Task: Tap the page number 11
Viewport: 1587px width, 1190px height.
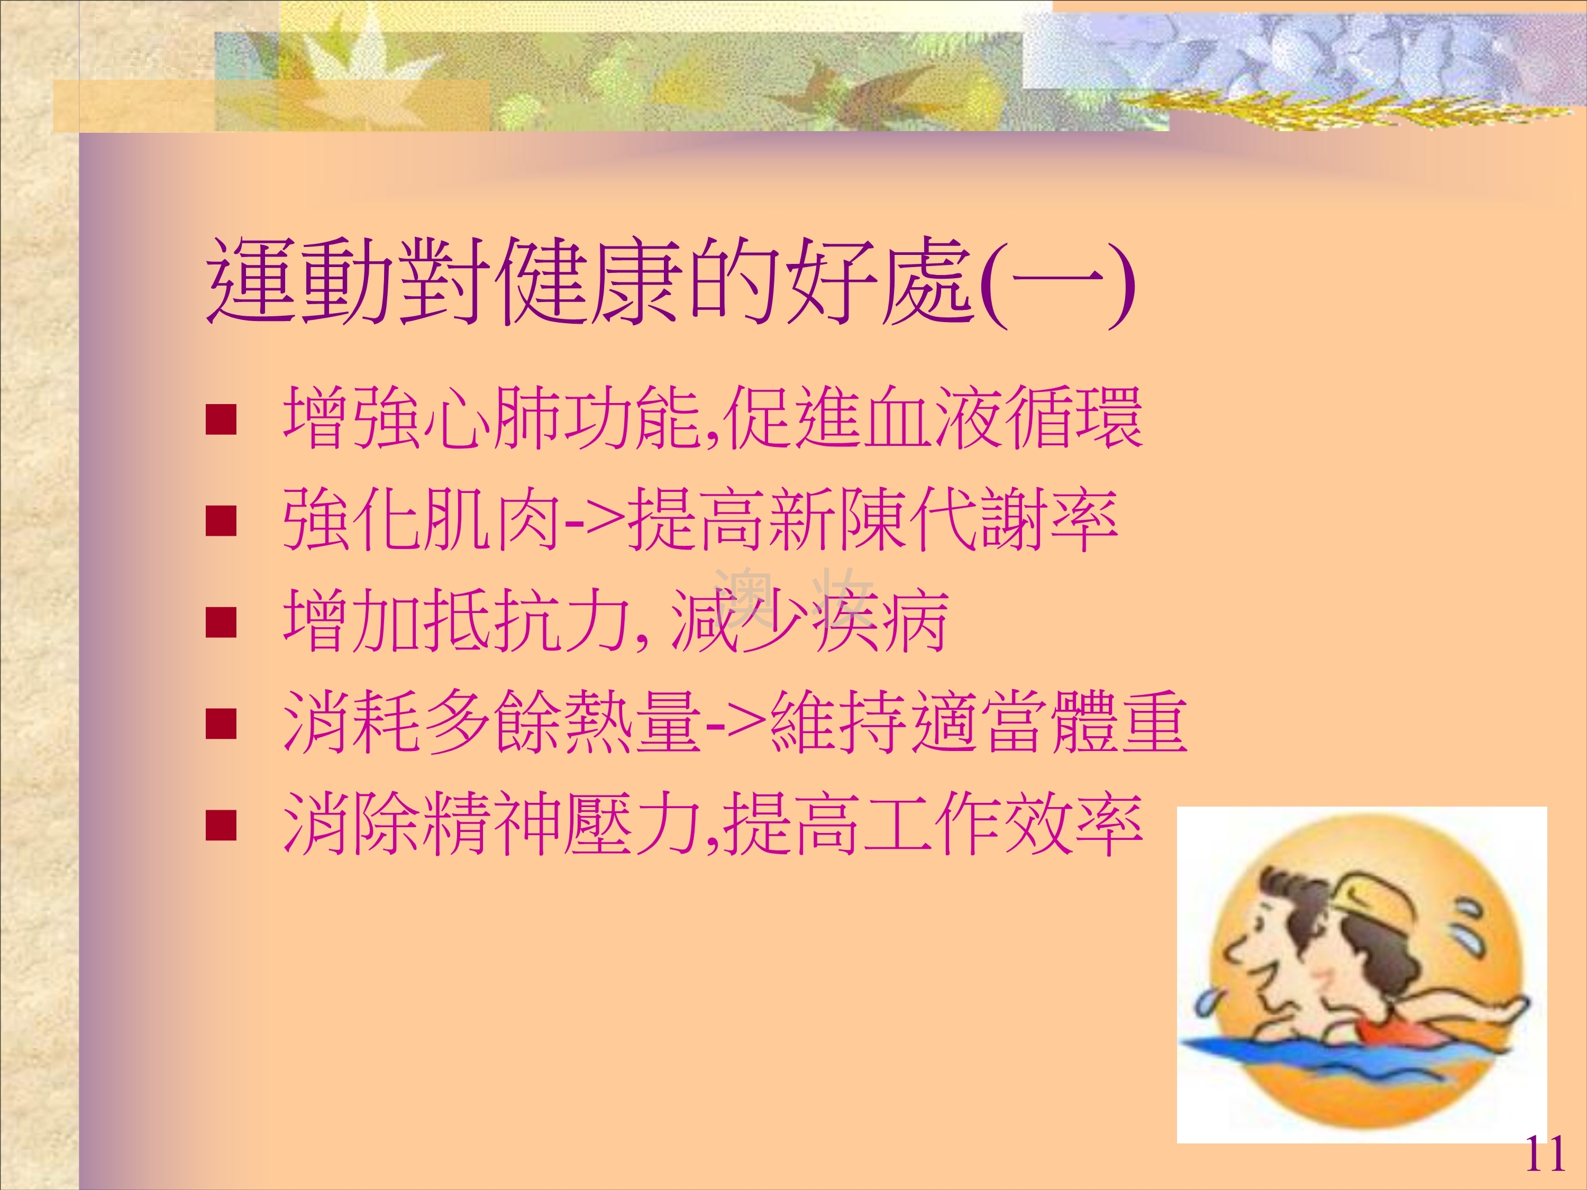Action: click(1544, 1154)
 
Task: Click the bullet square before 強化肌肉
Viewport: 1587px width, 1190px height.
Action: click(221, 522)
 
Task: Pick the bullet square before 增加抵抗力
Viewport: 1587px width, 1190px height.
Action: click(221, 623)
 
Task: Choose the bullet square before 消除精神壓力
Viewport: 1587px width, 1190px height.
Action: click(221, 825)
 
